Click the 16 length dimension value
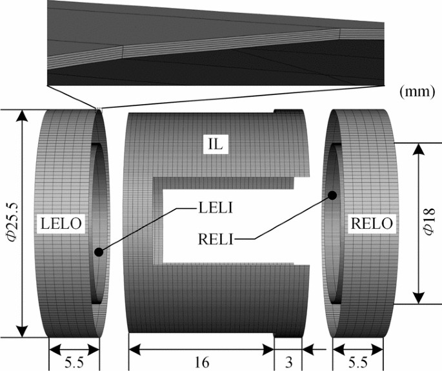(201, 362)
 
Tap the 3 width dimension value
(287, 362)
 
